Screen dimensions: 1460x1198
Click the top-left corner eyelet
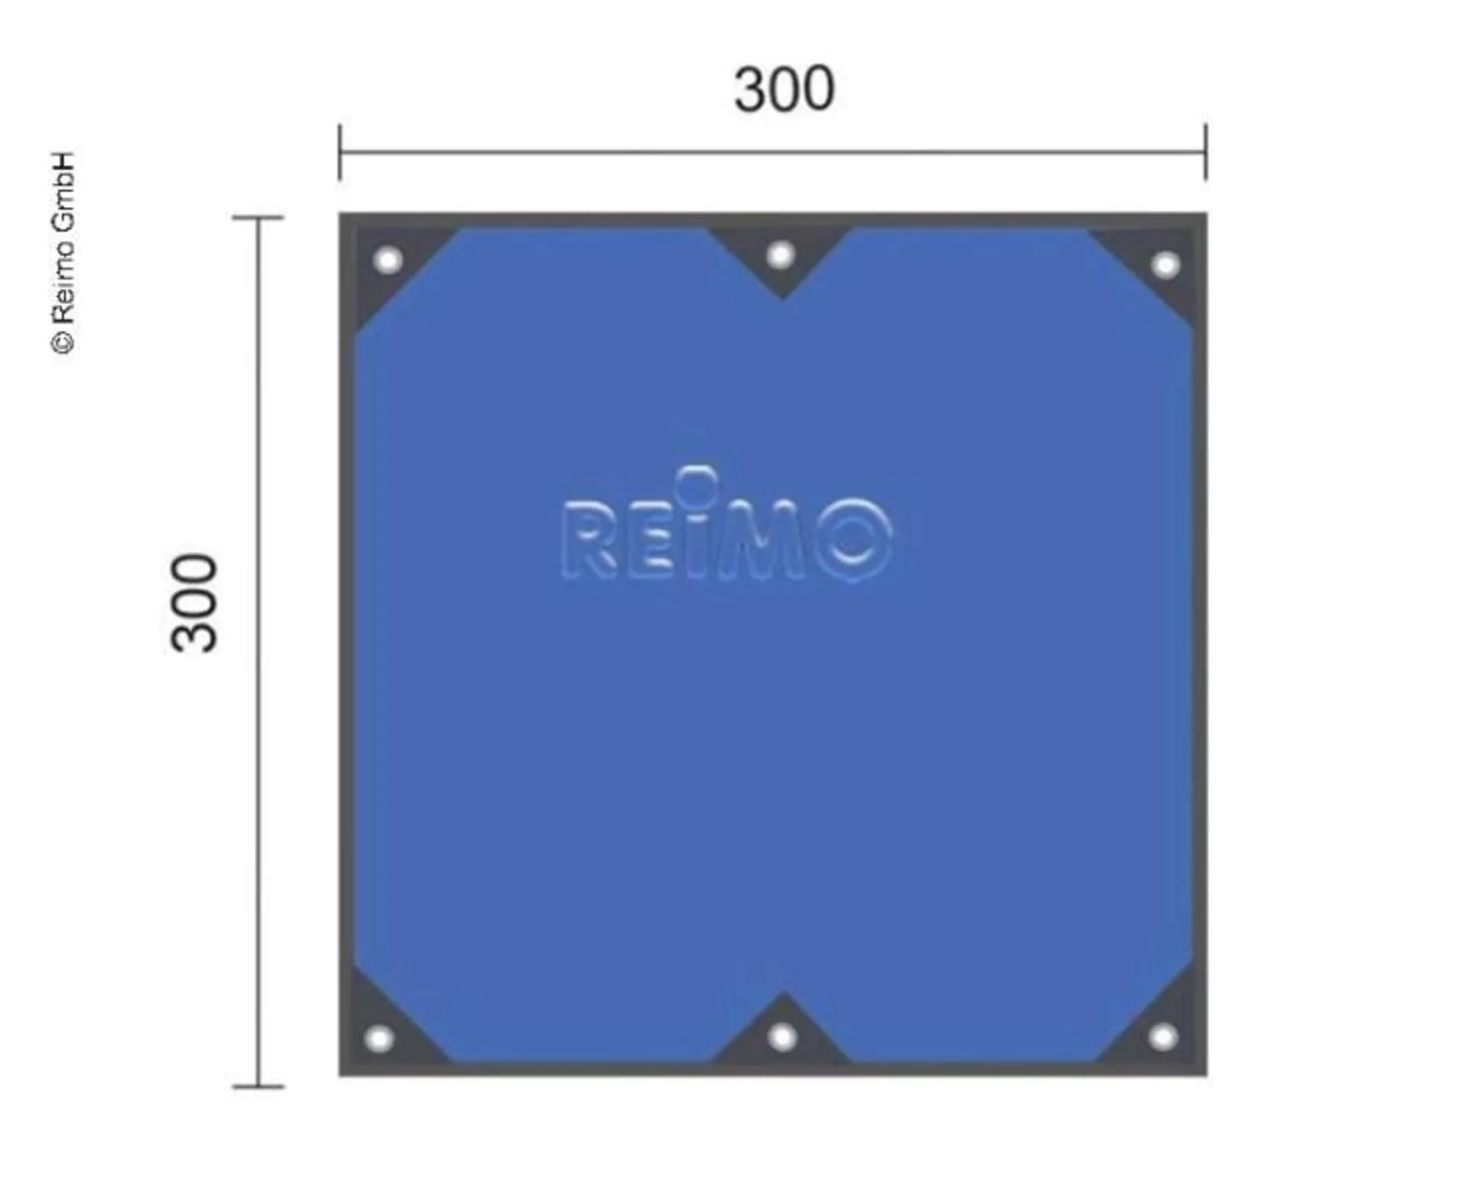[388, 261]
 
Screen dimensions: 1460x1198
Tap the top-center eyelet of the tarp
[780, 255]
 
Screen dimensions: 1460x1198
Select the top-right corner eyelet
[1165, 265]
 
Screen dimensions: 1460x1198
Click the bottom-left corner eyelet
[379, 1038]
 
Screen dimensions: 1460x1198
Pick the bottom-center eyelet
[782, 1036]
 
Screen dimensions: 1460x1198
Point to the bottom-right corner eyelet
[1163, 1037]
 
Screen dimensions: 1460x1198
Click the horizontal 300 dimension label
[784, 90]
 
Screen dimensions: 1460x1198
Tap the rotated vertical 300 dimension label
[194, 603]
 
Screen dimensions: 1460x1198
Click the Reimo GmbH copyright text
[64, 252]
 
